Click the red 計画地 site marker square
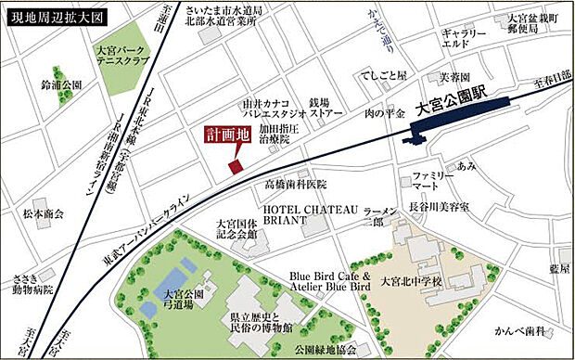pyautogui.click(x=234, y=166)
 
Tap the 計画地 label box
pyautogui.click(x=228, y=134)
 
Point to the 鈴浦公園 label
pyautogui.click(x=61, y=84)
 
